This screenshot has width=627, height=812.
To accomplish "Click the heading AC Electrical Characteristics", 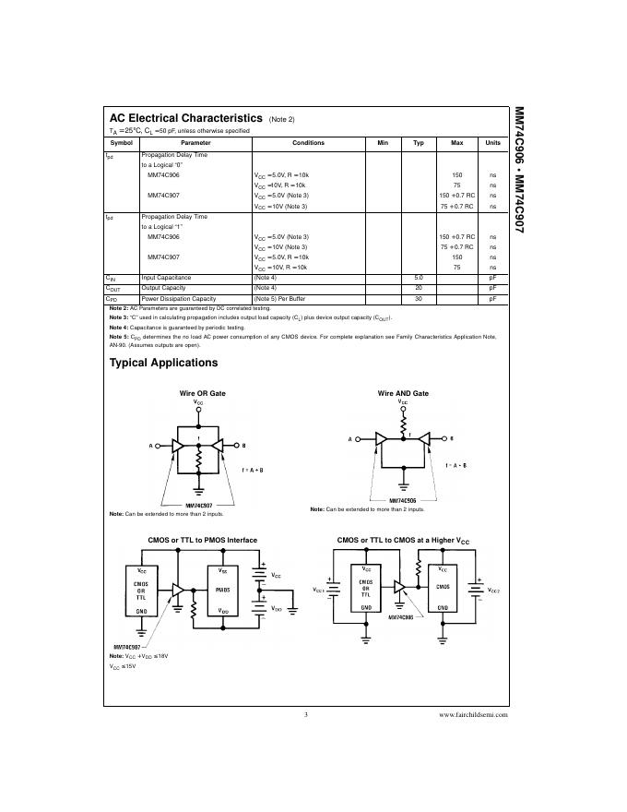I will click(185, 119).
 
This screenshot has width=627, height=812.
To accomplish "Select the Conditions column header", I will click(308, 143).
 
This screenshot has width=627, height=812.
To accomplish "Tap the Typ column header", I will click(418, 143).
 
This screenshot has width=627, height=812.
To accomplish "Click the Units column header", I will click(493, 143).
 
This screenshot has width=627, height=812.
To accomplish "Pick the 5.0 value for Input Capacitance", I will click(418, 277).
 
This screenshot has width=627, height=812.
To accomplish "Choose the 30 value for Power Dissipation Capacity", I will click(418, 299).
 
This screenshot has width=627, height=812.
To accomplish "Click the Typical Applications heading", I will click(163, 363).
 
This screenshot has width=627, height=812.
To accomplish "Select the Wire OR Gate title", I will click(202, 393).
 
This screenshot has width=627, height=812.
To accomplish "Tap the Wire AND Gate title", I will click(403, 393).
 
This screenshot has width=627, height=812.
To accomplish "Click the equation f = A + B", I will click(253, 471).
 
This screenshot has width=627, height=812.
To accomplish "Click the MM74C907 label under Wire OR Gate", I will click(199, 505).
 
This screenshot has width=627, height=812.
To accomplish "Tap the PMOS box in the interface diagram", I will click(222, 588).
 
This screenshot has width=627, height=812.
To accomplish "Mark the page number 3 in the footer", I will click(304, 714).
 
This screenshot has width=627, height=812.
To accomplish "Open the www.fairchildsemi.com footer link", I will click(473, 714).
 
